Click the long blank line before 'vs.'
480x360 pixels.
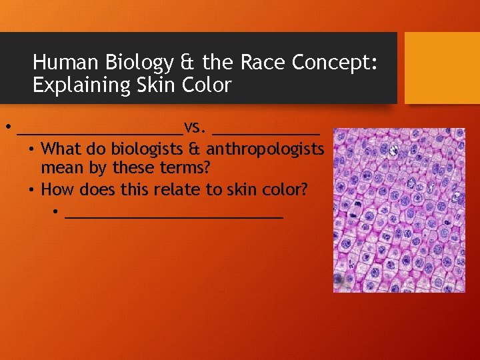[101, 131]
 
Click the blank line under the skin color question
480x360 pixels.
[175, 216]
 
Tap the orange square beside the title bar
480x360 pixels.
[441, 67]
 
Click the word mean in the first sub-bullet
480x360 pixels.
[59, 167]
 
